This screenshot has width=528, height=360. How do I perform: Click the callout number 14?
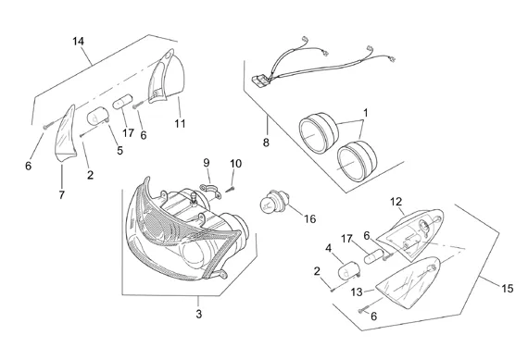point(78,42)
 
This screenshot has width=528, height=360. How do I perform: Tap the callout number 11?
point(180,123)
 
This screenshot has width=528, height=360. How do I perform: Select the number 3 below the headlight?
point(198,314)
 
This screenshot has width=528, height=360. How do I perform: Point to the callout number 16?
point(309,219)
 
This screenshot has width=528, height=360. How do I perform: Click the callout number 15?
point(508,289)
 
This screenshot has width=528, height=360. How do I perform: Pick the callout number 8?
point(266,143)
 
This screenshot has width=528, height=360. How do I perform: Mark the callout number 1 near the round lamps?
point(366,113)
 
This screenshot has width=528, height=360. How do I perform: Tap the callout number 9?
point(206,163)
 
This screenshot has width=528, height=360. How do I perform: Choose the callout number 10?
point(235,164)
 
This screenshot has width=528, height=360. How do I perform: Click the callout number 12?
point(396,202)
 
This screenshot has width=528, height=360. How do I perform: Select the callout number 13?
point(357,292)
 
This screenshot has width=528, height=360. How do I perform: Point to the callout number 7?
point(62,194)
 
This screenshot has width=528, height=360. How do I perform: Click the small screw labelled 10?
point(230,190)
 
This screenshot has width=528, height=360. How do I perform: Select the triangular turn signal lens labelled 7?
point(66,133)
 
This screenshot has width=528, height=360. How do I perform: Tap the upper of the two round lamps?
point(319,132)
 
